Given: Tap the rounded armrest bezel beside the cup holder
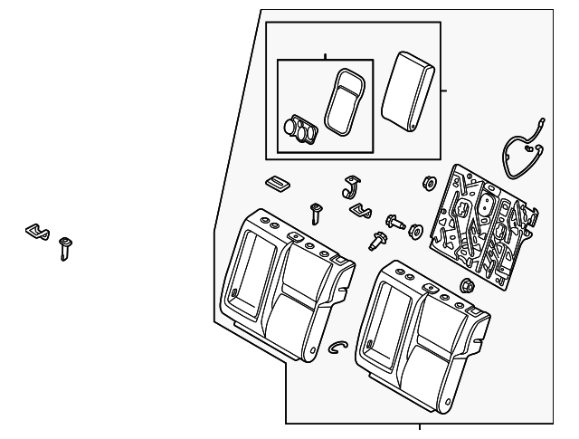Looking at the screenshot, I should click(345, 100).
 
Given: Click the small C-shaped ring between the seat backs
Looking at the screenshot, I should click(338, 348).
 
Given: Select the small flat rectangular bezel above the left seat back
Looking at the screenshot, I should click(277, 184).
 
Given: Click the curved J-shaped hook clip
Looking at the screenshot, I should click(352, 186).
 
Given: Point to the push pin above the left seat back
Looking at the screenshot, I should click(316, 214).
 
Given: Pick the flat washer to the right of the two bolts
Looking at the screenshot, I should click(416, 229).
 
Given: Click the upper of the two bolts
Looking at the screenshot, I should click(395, 220).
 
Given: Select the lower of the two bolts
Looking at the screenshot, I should click(376, 241).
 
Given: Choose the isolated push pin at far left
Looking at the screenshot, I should click(65, 247).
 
